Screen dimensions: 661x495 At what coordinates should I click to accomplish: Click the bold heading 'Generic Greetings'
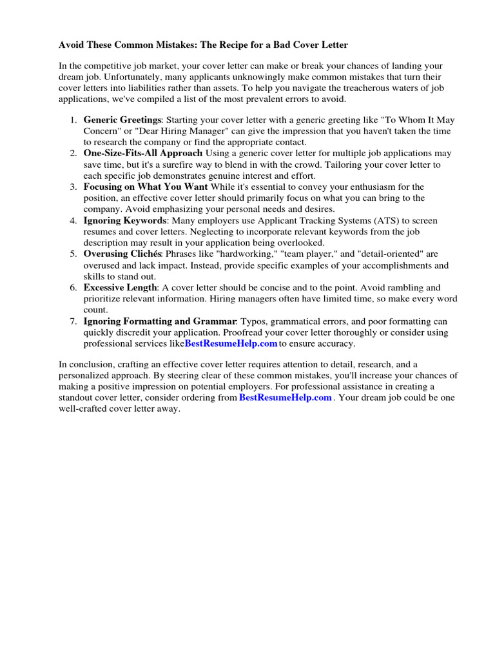[x=123, y=120]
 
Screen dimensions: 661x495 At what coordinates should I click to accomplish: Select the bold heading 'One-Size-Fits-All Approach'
[x=143, y=154]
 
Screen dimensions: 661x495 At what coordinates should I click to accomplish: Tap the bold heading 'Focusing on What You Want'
[x=146, y=187]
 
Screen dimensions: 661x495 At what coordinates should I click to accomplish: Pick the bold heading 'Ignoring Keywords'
[x=124, y=221]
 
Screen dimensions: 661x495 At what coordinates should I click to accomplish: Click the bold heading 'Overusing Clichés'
[x=122, y=254]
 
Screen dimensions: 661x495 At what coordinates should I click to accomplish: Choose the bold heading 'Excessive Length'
[x=120, y=288]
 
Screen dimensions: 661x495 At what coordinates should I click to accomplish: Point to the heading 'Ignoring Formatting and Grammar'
[x=160, y=321]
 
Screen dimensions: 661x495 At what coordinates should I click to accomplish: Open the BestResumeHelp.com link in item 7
[x=231, y=344]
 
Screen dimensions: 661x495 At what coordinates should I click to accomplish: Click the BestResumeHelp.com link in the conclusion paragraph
[x=286, y=398]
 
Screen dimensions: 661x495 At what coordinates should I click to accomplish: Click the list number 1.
[x=73, y=120]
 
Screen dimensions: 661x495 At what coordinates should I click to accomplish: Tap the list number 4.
[x=73, y=221]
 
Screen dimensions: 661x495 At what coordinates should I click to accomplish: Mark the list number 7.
[x=73, y=321]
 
